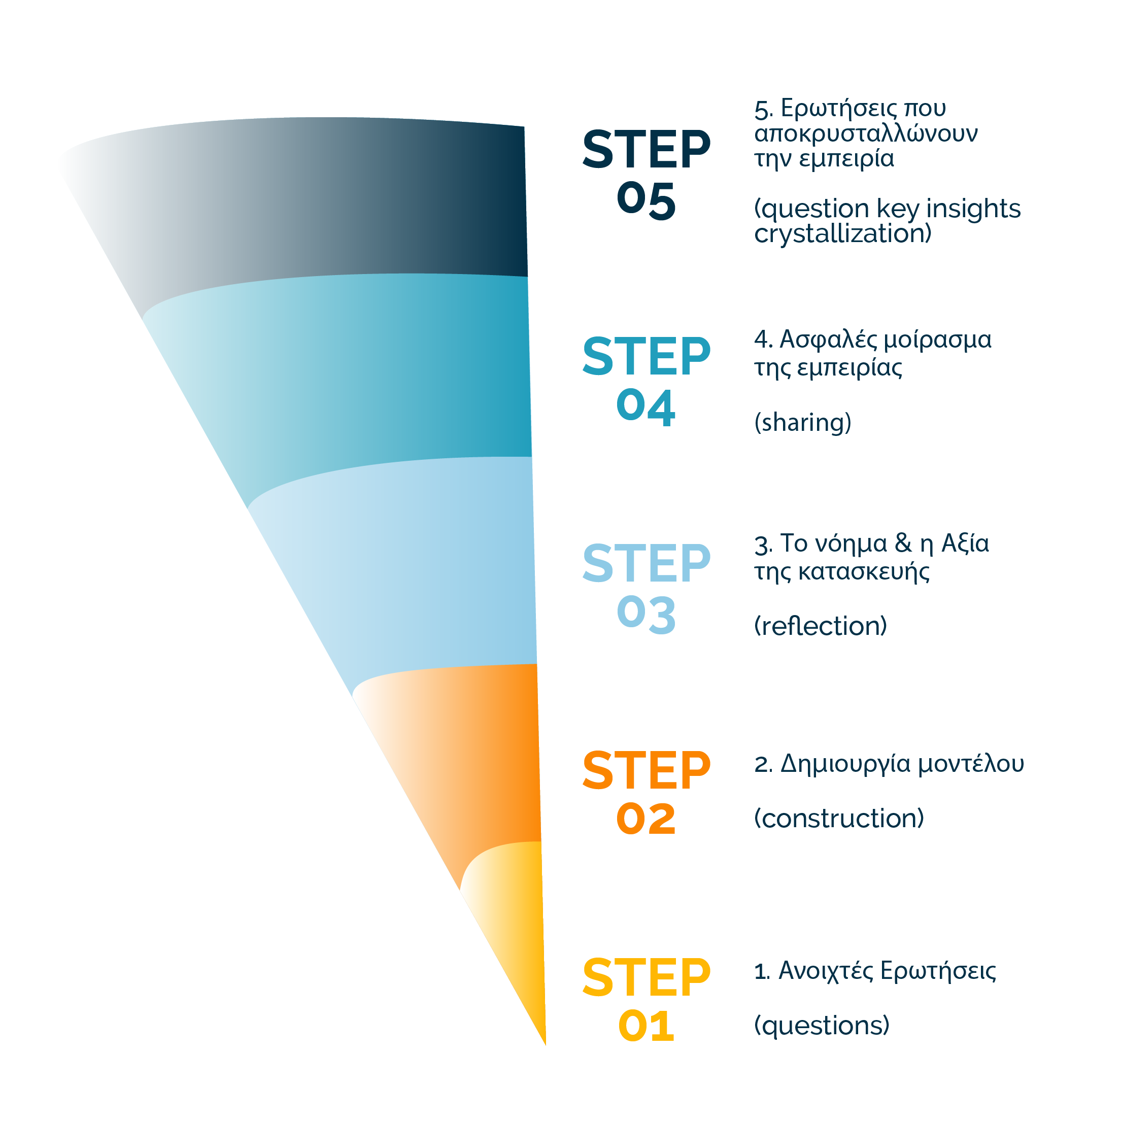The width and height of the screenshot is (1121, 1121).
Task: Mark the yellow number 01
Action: click(647, 1026)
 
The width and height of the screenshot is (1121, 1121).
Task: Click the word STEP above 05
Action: click(647, 150)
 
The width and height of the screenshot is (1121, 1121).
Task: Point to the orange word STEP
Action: click(647, 770)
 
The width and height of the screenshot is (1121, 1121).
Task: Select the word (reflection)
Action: click(821, 626)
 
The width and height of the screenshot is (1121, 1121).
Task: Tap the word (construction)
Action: click(839, 819)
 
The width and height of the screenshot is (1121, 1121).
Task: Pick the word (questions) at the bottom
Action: click(822, 1025)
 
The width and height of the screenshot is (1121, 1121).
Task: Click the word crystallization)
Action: click(842, 234)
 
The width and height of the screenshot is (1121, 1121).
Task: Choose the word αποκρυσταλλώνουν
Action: click(866, 133)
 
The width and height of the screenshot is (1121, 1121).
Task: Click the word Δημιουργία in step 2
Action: click(846, 765)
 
